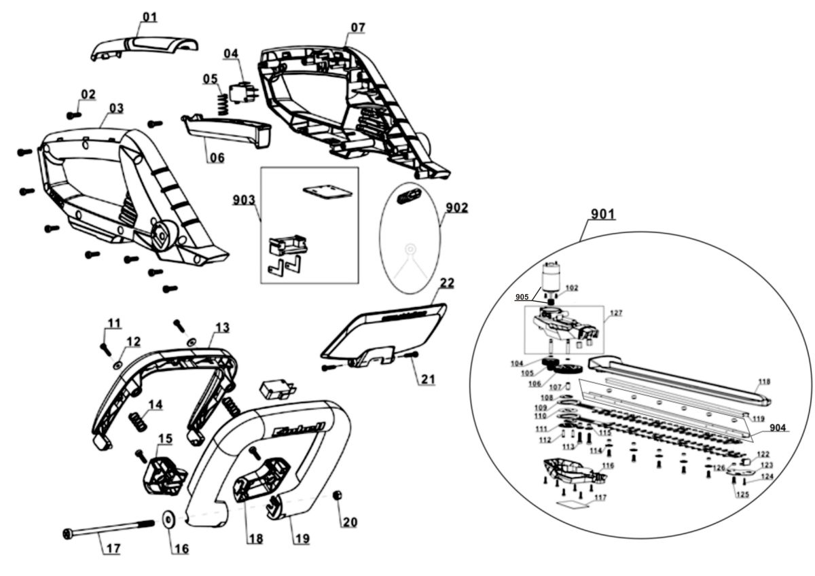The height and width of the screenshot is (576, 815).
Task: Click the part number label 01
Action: (x=149, y=15)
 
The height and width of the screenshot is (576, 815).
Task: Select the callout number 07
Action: (x=358, y=27)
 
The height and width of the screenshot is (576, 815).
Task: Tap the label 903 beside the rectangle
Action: (x=244, y=200)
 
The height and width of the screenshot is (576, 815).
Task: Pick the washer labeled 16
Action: (x=168, y=520)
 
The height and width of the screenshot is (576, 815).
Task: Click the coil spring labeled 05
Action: (x=221, y=105)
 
